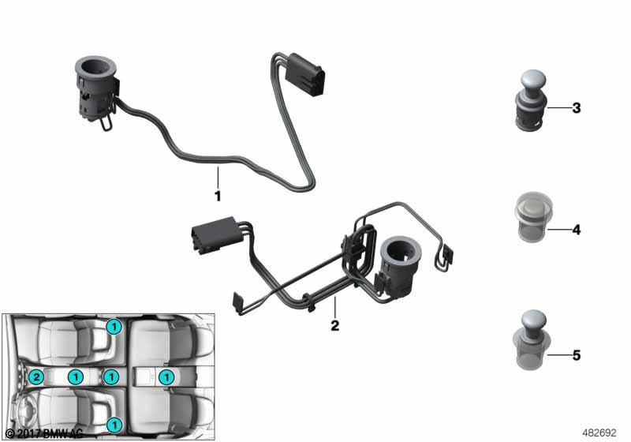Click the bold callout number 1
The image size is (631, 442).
click(x=217, y=194)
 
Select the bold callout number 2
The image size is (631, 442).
click(x=334, y=325)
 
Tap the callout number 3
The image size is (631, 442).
click(x=576, y=108)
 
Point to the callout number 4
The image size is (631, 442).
click(x=576, y=230)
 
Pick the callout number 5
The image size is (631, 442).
click(x=576, y=356)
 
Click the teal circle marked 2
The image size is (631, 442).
click(x=35, y=378)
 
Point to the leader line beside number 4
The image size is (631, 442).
click(x=557, y=230)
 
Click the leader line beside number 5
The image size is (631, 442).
click(x=557, y=356)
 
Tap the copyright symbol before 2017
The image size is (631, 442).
click(x=9, y=433)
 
